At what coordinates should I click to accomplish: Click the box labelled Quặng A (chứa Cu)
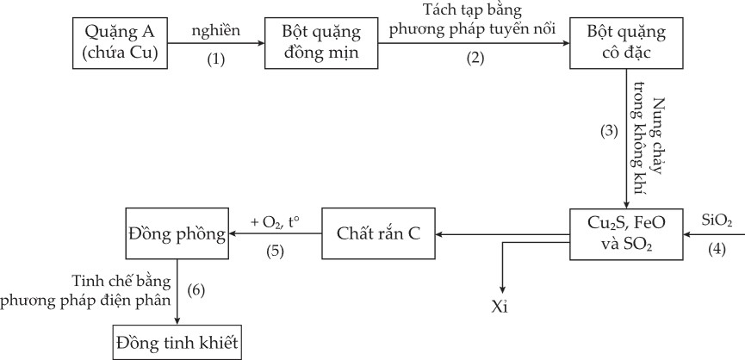[121, 42]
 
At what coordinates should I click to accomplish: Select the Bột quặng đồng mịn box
[320, 42]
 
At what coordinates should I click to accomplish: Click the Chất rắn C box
[378, 233]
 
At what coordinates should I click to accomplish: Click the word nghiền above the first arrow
[216, 32]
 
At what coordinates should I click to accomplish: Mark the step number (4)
[716, 251]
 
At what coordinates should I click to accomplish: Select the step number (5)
[275, 251]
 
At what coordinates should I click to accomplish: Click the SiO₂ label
[716, 220]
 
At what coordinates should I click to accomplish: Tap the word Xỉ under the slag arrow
[500, 307]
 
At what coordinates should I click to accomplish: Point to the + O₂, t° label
[275, 220]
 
